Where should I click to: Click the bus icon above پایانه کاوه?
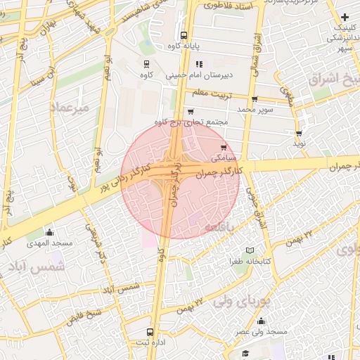[x=184, y=35]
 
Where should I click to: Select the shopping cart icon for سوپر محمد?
[x=255, y=99]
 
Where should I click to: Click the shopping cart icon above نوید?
[x=300, y=133]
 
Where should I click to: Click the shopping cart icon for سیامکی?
[x=224, y=147]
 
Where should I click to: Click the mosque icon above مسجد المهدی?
[x=49, y=232]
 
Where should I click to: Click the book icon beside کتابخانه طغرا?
[x=250, y=251]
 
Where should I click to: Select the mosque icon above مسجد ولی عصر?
[x=261, y=321]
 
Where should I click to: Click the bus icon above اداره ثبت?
[x=150, y=332]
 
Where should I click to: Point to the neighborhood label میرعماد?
[x=69, y=107]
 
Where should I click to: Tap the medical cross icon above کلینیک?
[x=345, y=17]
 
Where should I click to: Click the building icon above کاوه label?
[x=146, y=64]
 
